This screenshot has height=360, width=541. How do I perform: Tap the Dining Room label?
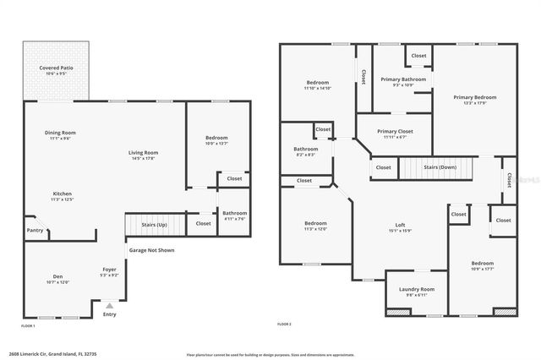click(x=61, y=133)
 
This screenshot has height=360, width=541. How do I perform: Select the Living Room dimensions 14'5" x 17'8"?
click(x=143, y=158)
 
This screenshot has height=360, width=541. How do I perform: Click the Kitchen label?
click(x=63, y=194)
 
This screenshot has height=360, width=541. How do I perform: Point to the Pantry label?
click(x=35, y=230)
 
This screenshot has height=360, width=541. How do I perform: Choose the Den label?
click(x=57, y=276)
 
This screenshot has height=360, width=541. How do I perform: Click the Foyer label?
click(x=110, y=270)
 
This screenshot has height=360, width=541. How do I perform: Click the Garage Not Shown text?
click(x=152, y=250)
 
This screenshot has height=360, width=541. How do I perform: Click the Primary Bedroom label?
click(x=474, y=97)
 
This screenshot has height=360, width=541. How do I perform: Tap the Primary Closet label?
click(x=394, y=132)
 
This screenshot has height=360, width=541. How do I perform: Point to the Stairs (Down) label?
click(x=440, y=167)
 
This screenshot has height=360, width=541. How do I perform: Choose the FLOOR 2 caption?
click(x=284, y=324)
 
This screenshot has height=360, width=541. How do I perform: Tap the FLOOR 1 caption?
click(x=29, y=324)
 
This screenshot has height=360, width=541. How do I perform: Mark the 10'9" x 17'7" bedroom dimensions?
click(x=482, y=269)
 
